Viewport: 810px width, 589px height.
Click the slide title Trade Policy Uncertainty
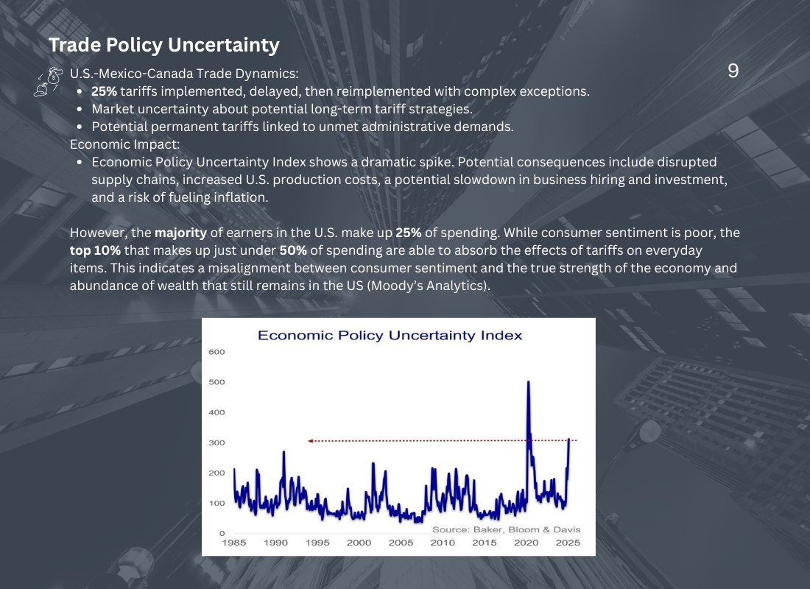(x=163, y=45)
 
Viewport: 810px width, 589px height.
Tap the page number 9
(x=733, y=71)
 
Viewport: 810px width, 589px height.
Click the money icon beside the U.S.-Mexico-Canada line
(x=49, y=82)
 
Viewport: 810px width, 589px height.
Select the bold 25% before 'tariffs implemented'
(x=104, y=92)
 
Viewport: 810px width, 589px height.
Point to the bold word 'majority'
(x=180, y=233)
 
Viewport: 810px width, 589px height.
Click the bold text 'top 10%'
(x=95, y=250)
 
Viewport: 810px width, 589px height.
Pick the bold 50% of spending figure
(x=293, y=250)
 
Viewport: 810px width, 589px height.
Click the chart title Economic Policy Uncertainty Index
(x=390, y=336)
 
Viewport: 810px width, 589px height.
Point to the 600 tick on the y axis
(x=216, y=352)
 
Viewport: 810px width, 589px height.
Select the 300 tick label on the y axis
(x=216, y=442)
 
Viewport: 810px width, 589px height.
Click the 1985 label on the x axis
(x=234, y=543)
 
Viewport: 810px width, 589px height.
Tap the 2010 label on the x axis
(x=443, y=543)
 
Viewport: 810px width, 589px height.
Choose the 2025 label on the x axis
(x=568, y=543)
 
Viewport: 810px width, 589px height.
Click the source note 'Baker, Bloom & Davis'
(x=526, y=529)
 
